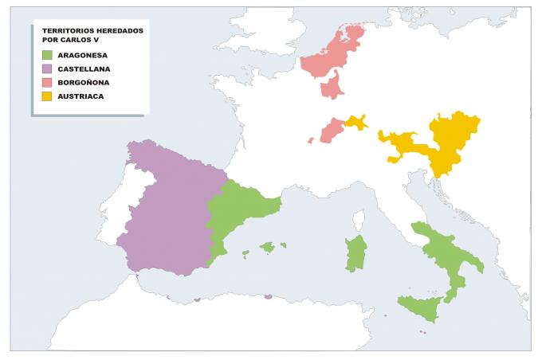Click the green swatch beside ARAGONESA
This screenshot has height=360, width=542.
coord(47,56)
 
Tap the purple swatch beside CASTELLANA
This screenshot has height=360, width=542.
coord(47,69)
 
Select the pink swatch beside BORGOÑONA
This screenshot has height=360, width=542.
coord(47,83)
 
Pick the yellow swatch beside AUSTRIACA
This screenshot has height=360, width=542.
coord(47,96)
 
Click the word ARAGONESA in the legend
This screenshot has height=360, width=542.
coord(83,56)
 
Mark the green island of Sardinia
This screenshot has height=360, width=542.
coord(355,254)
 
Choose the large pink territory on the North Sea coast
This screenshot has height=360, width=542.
coord(335,52)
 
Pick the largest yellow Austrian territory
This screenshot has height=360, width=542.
coord(450,139)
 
